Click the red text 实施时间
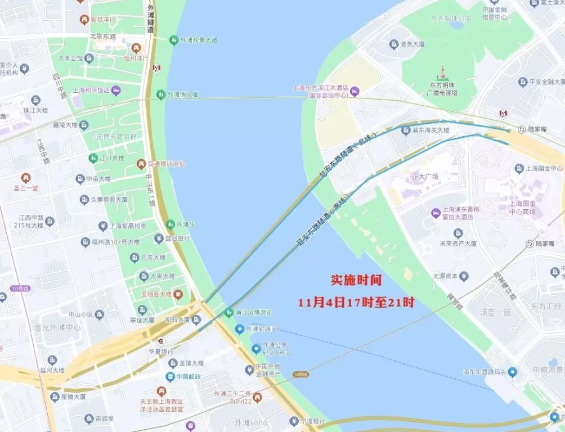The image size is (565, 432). point(356,280)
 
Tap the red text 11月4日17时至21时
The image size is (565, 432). point(356,302)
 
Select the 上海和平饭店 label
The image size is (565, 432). point(91,90)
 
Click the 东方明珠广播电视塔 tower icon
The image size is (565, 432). point(443,74)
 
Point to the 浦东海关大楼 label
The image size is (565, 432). point(431,130)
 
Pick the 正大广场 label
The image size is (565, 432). point(425,177)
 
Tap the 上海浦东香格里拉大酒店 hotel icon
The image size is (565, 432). point(436,213)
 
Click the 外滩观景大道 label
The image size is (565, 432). point(199,40)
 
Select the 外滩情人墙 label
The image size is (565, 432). point(183,94)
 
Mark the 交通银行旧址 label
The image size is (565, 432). point(166,164)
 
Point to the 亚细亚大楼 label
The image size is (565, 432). point(156,294)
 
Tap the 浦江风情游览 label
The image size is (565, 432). point(254,312)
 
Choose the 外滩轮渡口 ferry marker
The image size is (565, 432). point(239,328)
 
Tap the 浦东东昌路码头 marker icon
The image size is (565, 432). point(512,372)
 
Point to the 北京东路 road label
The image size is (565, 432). point(102,36)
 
